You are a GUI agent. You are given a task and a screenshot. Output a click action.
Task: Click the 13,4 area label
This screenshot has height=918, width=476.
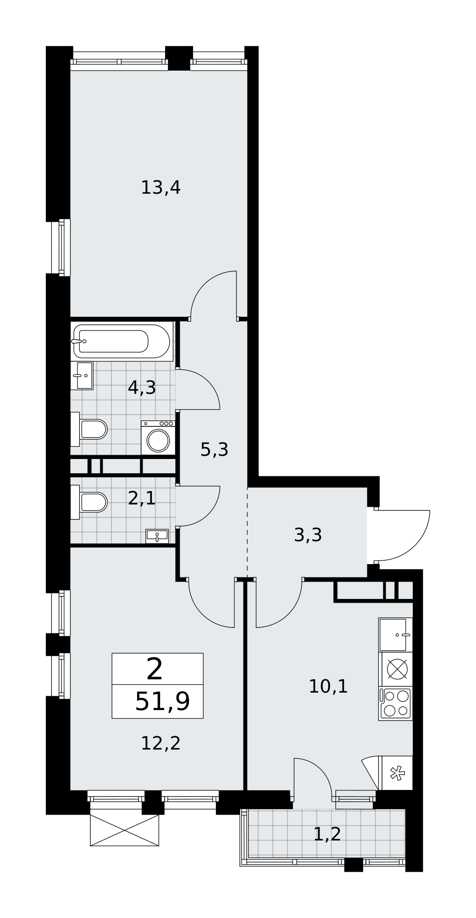coord(161,188)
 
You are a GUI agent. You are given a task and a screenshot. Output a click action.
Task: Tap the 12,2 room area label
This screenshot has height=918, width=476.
coord(161,743)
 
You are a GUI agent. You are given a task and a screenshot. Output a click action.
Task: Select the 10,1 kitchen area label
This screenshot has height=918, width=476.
coord(328,686)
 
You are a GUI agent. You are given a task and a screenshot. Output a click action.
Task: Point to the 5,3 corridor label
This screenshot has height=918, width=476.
coord(214,449)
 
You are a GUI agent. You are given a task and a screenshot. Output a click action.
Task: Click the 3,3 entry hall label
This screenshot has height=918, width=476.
coord(308,535)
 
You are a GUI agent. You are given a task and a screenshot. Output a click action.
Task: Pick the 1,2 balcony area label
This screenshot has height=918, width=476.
coord(327,834)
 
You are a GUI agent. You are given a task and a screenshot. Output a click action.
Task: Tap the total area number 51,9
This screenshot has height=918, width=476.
coord(162,702)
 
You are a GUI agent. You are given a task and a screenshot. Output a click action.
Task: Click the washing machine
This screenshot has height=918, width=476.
coord(158,438)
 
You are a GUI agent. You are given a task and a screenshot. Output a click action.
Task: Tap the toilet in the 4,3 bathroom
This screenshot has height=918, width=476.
coord(89,429)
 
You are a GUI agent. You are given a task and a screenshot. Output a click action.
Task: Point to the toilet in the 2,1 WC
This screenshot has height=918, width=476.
coord(89,502)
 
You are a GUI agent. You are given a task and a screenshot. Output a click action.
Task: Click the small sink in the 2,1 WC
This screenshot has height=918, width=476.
coord(157,536)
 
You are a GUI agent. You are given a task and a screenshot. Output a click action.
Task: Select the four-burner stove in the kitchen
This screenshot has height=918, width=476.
coord(395,703)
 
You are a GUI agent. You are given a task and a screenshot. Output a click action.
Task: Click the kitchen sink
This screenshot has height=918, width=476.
coord(395,635)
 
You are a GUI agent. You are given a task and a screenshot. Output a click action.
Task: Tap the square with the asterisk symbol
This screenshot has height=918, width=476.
coord(397,773)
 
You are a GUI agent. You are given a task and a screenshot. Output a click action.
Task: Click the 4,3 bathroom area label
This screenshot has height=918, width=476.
coord(142,388)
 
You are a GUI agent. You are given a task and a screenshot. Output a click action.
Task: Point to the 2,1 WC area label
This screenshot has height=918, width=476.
coord(142,498)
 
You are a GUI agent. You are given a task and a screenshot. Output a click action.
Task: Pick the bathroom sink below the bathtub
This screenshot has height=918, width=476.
coord(82,375)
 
